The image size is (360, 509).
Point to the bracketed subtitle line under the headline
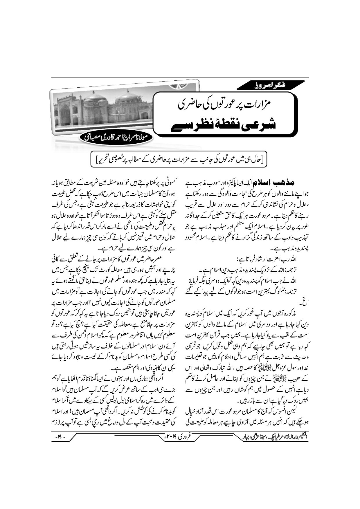tap(180, 159)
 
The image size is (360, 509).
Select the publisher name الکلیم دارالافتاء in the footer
tap(296, 436)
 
